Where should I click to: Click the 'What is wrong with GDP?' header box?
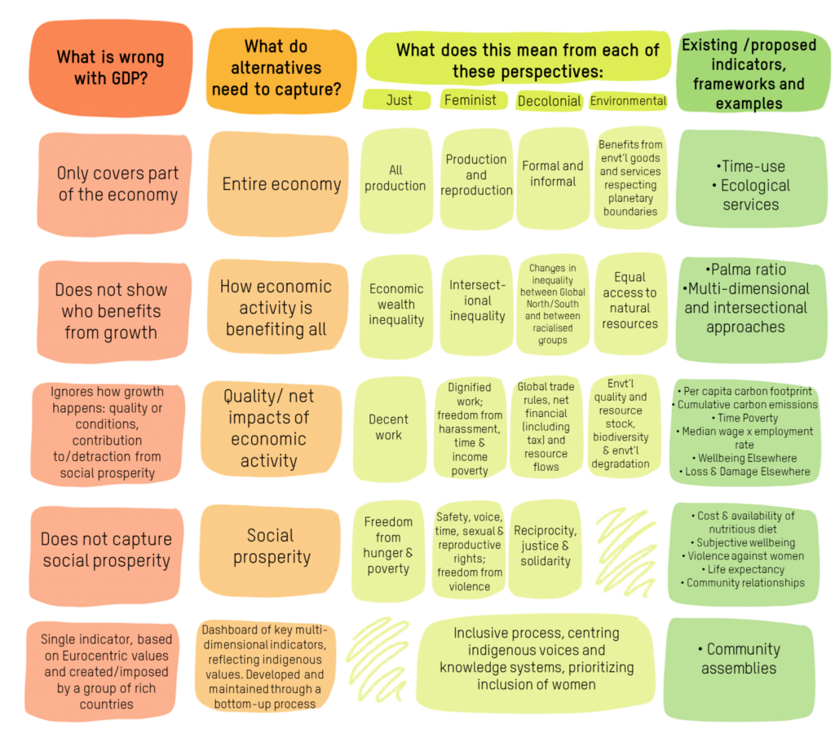click(111, 68)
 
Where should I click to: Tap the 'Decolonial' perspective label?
click(549, 101)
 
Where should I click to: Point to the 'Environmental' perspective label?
click(629, 101)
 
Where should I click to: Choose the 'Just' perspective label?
click(397, 100)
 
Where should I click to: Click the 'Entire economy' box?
click(279, 183)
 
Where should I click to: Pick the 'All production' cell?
click(395, 179)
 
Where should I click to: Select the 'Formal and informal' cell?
click(553, 178)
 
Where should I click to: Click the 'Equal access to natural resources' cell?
click(630, 303)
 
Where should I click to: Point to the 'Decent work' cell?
click(389, 428)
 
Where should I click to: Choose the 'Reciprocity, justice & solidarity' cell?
click(546, 548)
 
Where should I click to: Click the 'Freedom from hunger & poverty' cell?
click(388, 550)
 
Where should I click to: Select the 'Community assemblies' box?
click(739, 668)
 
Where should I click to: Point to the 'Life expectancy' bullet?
click(746, 569)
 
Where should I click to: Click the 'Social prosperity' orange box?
click(270, 550)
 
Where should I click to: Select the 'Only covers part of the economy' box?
click(115, 184)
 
